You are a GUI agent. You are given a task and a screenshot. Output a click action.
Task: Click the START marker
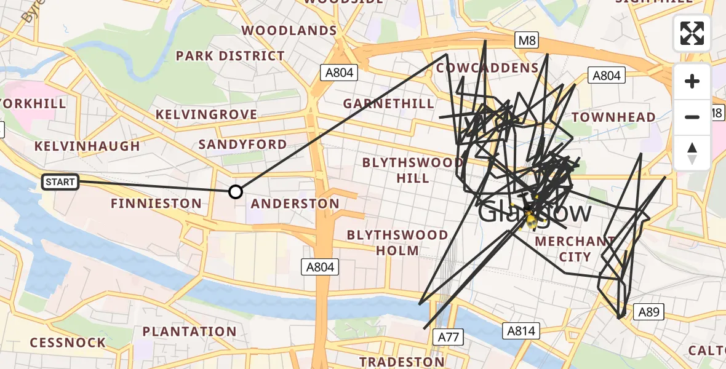[x=60, y=181]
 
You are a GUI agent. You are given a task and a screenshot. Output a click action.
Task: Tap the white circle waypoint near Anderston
[x=236, y=192]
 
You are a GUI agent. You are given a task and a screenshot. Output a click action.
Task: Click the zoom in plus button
[x=692, y=82]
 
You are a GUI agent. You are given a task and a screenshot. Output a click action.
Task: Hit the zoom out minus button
[x=692, y=117]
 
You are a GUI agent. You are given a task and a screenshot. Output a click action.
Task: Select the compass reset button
[x=692, y=153]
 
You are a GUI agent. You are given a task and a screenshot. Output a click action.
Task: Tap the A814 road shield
[x=521, y=331]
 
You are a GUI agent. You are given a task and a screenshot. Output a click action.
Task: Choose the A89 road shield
[x=648, y=312]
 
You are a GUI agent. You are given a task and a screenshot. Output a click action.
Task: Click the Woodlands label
[x=289, y=30]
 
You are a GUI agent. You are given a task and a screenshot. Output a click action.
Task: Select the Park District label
[x=230, y=56]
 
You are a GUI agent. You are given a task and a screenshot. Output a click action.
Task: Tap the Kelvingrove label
[x=206, y=114]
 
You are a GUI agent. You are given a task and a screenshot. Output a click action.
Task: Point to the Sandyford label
[x=242, y=145]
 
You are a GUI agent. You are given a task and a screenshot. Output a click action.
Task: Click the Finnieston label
[x=156, y=203]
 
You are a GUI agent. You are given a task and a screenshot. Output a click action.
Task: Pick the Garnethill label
[x=389, y=103]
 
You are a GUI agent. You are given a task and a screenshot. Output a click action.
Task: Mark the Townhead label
[x=613, y=117]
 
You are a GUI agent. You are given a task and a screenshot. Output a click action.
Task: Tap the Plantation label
[x=189, y=331]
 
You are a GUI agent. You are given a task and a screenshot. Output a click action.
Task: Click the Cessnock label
[x=68, y=343]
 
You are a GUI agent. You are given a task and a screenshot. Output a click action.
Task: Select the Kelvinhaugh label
[x=87, y=146]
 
